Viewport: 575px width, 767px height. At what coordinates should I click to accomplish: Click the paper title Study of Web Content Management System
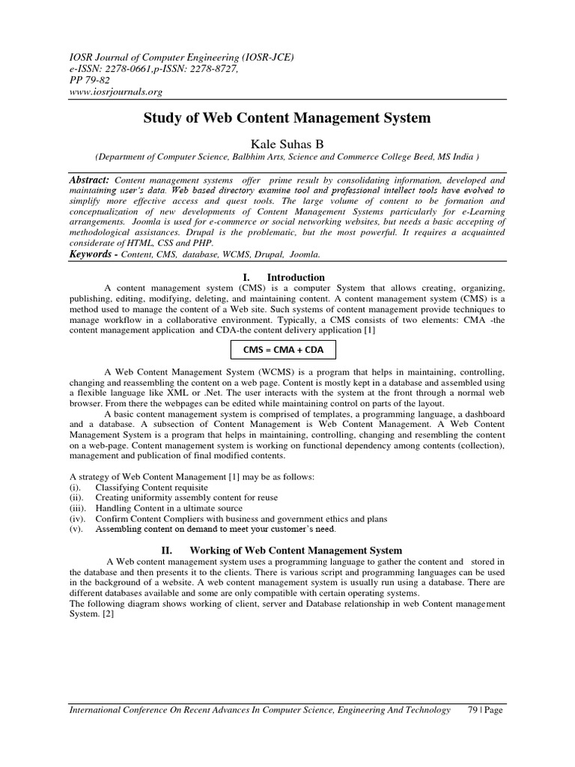(x=287, y=118)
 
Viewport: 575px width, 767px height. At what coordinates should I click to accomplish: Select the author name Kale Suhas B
(x=287, y=142)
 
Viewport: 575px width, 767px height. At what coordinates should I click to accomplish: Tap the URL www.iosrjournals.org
(x=115, y=92)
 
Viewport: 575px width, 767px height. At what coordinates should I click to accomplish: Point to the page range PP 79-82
(x=88, y=80)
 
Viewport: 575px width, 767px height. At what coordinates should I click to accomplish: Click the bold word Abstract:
(x=89, y=181)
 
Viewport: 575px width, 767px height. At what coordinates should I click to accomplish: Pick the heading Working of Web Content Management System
(x=296, y=551)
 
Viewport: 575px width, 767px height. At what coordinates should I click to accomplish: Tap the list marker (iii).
(x=78, y=508)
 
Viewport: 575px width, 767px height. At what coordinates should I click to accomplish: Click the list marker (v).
(x=77, y=529)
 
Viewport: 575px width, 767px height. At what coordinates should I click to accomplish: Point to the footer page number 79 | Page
(x=483, y=710)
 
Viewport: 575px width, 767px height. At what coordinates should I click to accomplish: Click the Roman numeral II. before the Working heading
(x=168, y=551)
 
